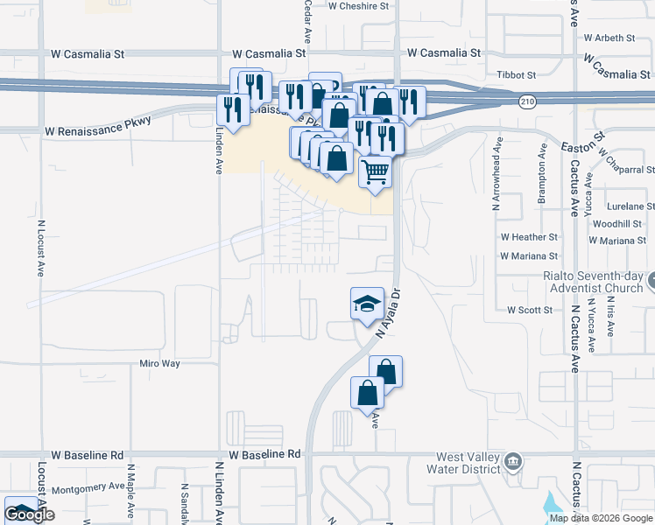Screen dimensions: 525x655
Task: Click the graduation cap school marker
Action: (x=367, y=304)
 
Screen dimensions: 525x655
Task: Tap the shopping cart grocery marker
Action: (x=375, y=171)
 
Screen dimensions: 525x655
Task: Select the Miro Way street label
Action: (x=160, y=363)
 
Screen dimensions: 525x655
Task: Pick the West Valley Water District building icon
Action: (x=514, y=461)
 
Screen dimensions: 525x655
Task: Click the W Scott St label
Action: (x=530, y=310)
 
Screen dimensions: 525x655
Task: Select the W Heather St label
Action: (x=529, y=237)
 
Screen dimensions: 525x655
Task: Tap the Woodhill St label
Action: (x=617, y=224)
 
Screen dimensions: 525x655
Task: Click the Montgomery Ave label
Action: (x=89, y=486)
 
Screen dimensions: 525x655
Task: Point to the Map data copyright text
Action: (x=600, y=518)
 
